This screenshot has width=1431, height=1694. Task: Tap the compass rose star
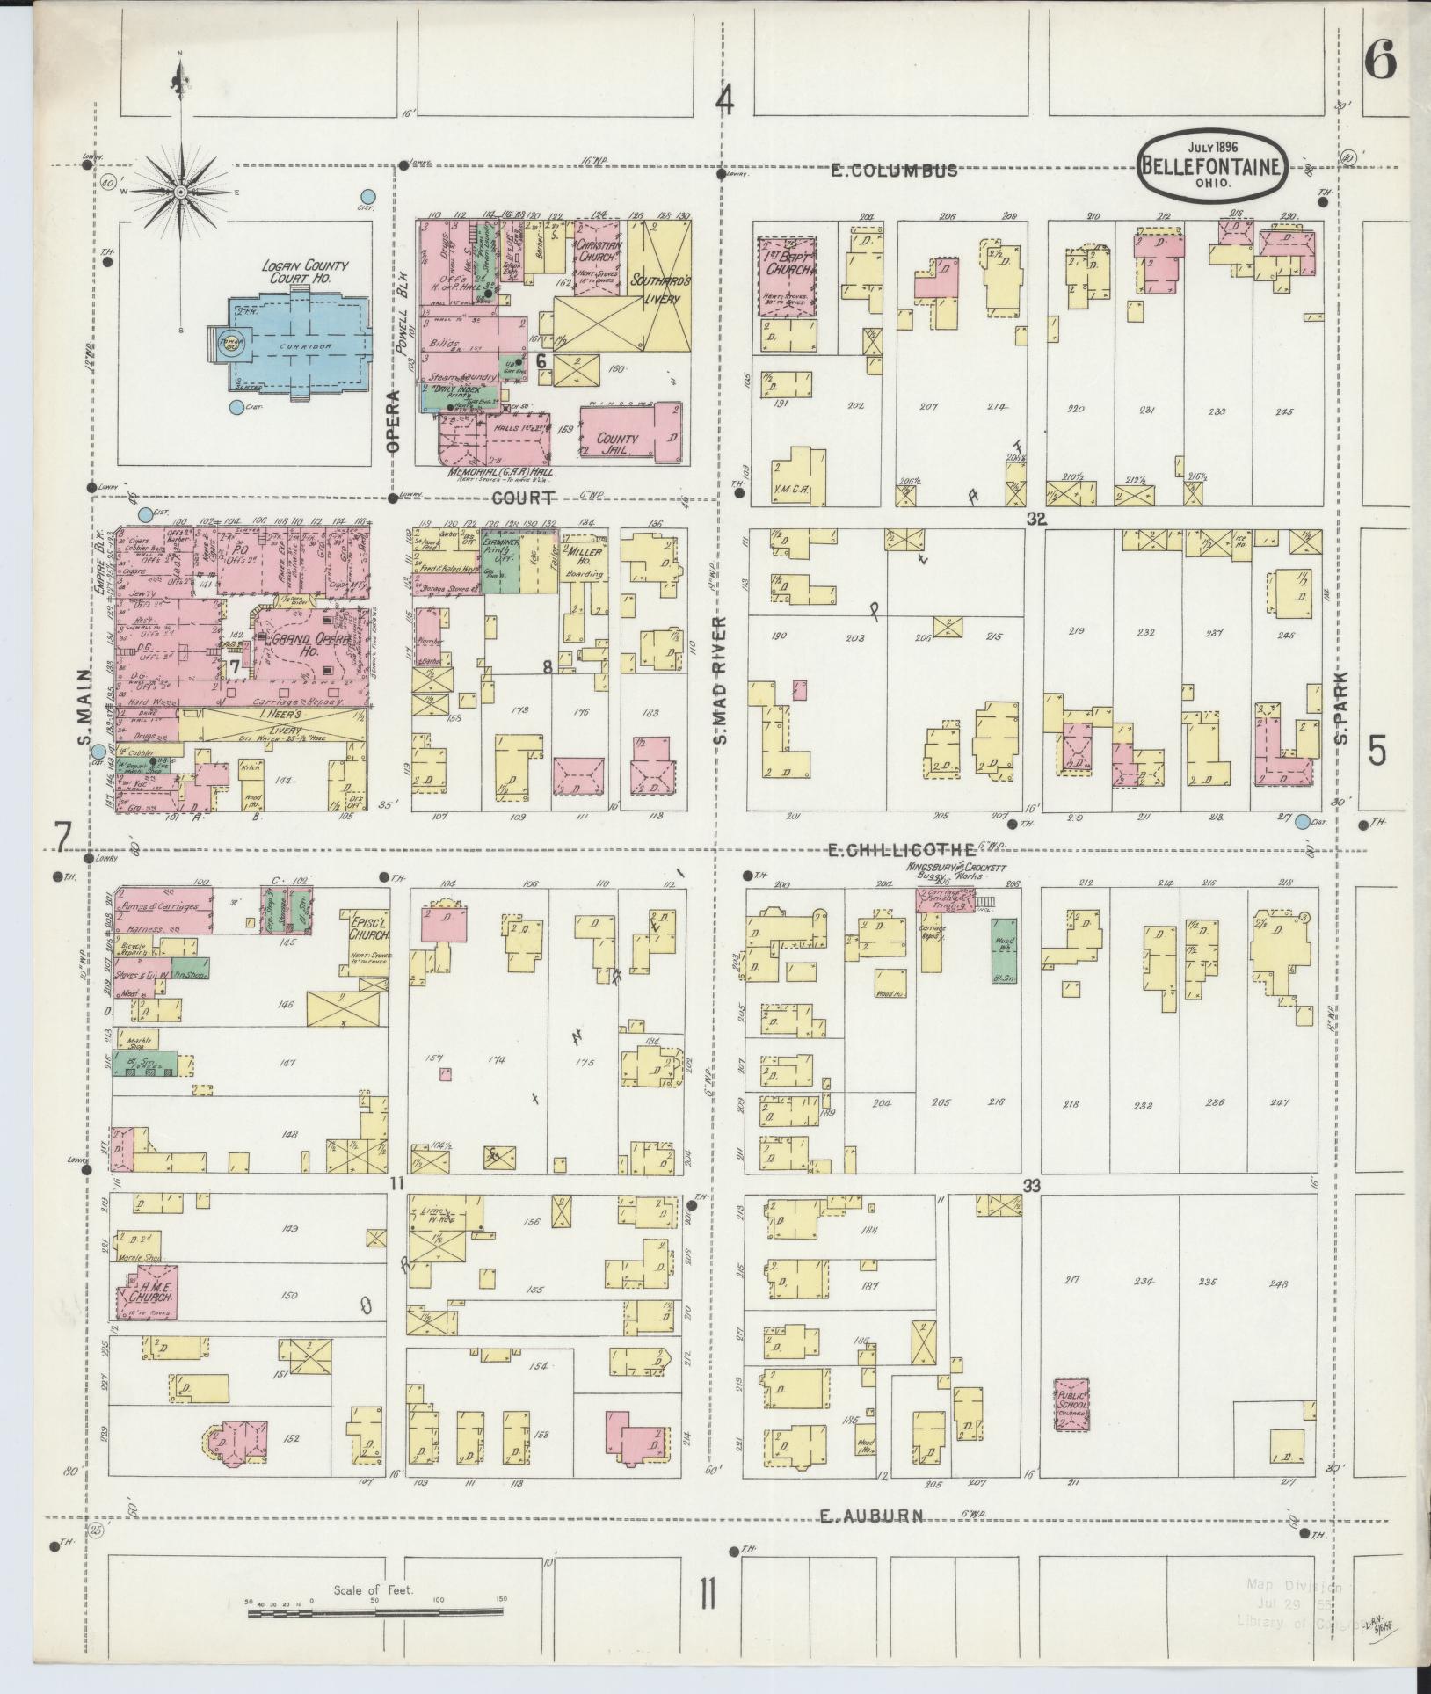(179, 192)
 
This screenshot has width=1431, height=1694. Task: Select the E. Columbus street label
(894, 171)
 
